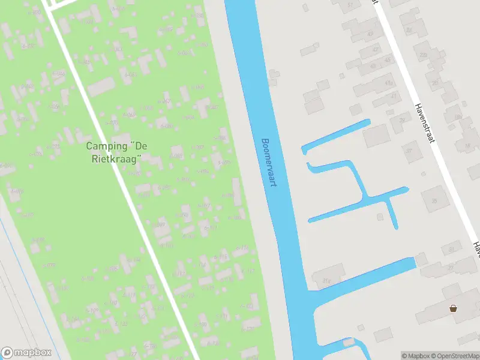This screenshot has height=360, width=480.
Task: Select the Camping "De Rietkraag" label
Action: pos(114,152)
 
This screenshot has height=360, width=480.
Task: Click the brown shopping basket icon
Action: pos(454,308)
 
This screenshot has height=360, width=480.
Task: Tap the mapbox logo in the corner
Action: pos(26,353)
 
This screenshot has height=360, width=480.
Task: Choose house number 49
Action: pos(370,34)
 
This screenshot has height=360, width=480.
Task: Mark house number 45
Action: pos(388,60)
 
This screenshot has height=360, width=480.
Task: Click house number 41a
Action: pos(388,83)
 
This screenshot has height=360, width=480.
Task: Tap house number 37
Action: pos(410,150)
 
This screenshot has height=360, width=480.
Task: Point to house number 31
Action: pos(452,249)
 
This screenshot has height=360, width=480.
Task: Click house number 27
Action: pos(450,268)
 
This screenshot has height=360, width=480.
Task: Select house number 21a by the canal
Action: pos(326,280)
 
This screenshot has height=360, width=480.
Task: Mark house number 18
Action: pos(467,146)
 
